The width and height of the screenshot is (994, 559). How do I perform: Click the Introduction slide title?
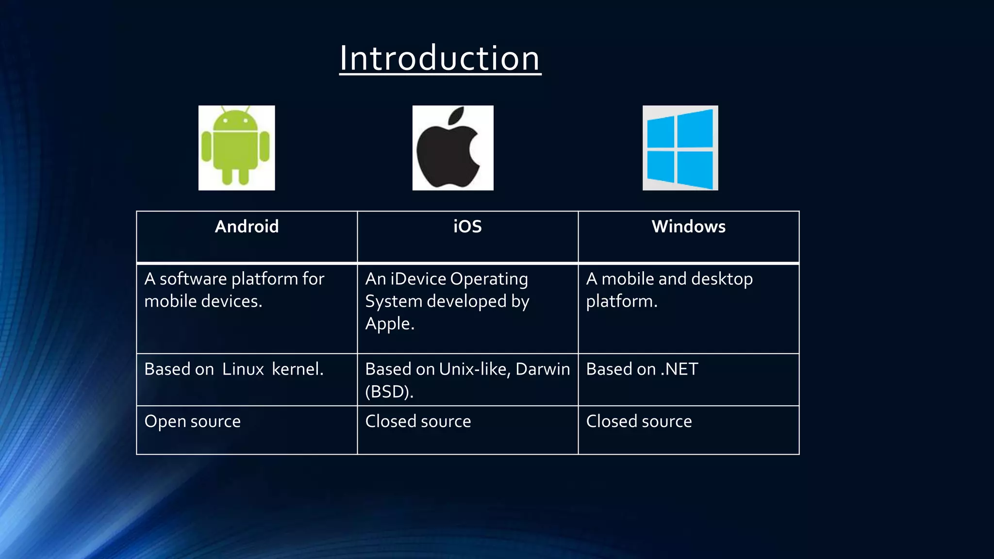click(440, 58)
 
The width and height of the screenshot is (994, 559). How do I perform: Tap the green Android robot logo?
click(236, 148)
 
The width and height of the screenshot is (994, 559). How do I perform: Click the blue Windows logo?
click(680, 148)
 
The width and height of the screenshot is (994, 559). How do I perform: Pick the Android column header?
click(247, 227)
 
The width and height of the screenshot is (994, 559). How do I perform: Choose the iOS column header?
click(467, 227)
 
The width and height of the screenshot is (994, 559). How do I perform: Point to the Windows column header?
click(688, 227)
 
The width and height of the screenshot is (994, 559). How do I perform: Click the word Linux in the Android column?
click(243, 369)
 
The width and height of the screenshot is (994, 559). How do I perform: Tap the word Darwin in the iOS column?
click(543, 369)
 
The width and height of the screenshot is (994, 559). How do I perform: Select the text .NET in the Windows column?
click(679, 369)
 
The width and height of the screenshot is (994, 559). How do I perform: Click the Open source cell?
click(192, 421)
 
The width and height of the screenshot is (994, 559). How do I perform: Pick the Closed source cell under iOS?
click(418, 421)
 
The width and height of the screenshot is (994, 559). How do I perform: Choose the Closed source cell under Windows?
click(639, 421)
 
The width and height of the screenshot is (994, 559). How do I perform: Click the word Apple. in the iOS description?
click(390, 324)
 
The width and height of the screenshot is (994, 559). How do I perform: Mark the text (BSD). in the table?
click(389, 392)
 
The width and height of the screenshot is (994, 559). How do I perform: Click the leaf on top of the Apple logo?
click(457, 116)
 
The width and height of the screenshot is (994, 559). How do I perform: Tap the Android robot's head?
click(236, 119)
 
